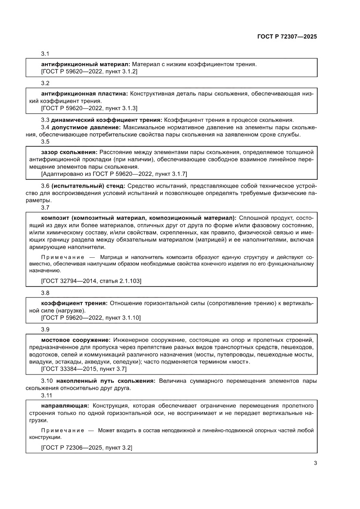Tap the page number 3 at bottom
tap(315, 463)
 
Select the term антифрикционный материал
tap(85, 64)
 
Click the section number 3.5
tap(46, 142)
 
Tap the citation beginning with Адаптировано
tap(114, 174)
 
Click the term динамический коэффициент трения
tap(107, 120)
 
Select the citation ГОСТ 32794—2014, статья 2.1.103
tap(91, 281)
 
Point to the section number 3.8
tap(46, 293)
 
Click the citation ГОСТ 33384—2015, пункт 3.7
tap(84, 369)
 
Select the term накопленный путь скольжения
tap(103, 381)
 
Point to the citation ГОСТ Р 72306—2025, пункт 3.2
tap(87, 447)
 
